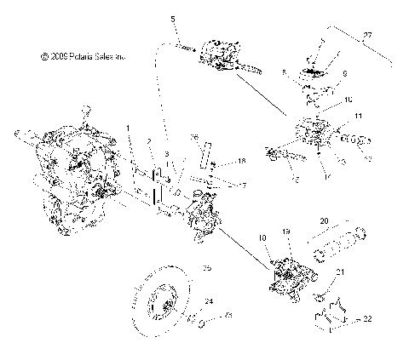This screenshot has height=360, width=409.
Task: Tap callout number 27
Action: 368,36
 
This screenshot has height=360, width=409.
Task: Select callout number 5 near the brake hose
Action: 173,19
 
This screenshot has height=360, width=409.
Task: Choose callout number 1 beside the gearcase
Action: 129,128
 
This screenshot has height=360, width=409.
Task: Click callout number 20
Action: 323,220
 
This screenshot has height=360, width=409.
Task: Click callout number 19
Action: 286,231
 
